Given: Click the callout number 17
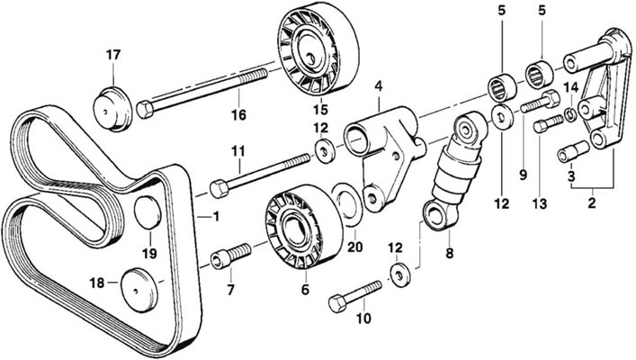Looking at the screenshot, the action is pos(113,55).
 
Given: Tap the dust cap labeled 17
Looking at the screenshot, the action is pos(112,109).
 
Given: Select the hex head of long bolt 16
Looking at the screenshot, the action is pos(145,109).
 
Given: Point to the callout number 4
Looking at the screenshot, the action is pos(379,85).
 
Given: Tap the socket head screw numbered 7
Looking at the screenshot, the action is pos(231,255).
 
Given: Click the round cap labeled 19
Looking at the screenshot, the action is pos(148,212).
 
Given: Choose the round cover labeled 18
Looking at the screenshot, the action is pos(140,290).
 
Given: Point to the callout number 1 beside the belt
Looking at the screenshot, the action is pos(216,217).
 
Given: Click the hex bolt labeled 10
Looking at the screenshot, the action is pos(355,296).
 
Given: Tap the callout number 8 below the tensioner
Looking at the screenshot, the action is pos(449,253).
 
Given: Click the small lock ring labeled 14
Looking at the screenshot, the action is pos(571,115).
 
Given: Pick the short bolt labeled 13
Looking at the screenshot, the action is pos(549,123).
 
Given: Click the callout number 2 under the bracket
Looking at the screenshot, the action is pos(592,202).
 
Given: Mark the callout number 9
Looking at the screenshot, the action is pos(523,175).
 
